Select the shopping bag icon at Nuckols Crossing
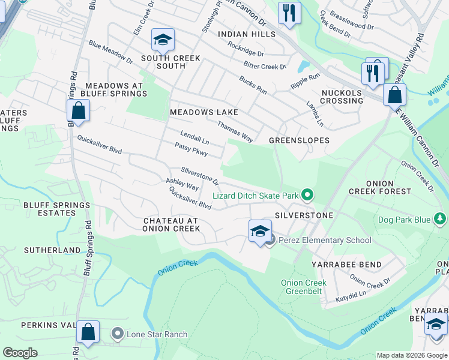click(x=394, y=95)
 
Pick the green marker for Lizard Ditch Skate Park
click(x=307, y=195)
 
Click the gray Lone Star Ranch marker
click(x=118, y=334)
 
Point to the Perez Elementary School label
click(x=325, y=241)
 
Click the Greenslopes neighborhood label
click(x=299, y=140)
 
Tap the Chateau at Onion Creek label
click(x=171, y=224)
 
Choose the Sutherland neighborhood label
click(x=52, y=250)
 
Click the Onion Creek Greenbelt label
click(x=304, y=287)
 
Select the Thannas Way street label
click(x=235, y=130)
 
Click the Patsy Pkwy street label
click(x=191, y=149)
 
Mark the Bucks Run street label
click(x=252, y=85)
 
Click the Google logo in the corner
click(x=20, y=353)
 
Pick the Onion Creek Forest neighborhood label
click(x=387, y=187)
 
